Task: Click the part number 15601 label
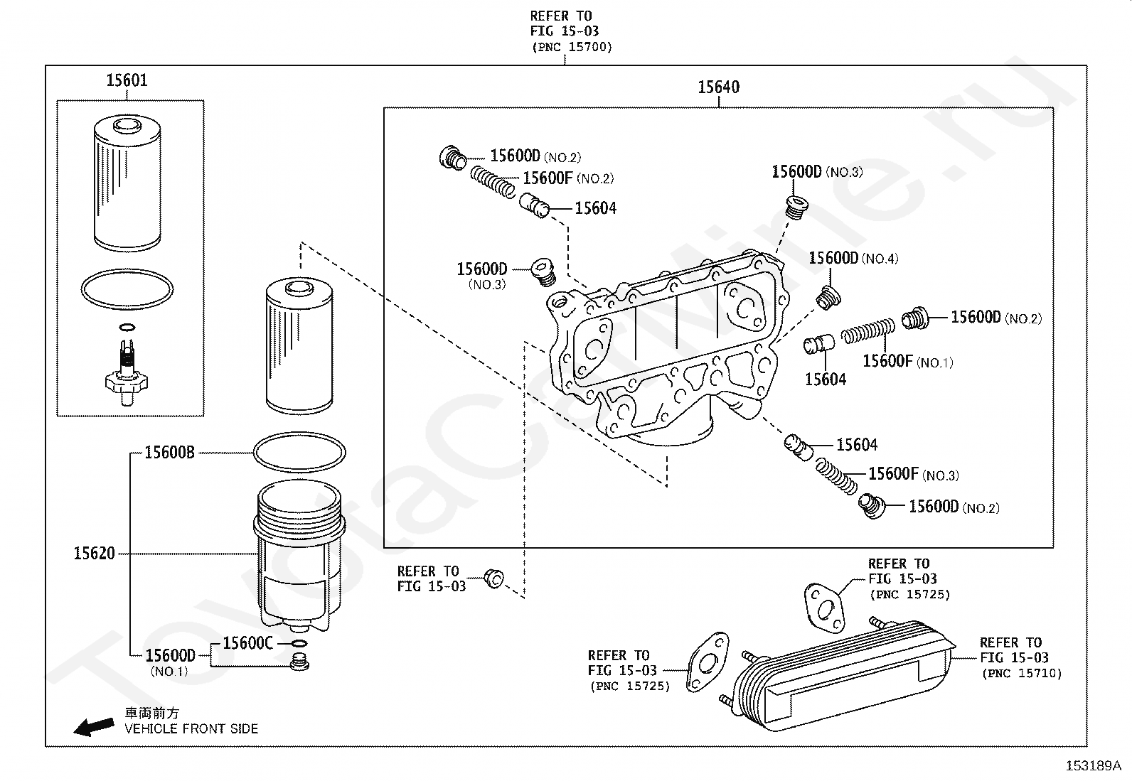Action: (x=127, y=80)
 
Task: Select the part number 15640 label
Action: (x=718, y=87)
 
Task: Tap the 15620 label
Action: (x=94, y=554)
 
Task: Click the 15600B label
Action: (x=169, y=453)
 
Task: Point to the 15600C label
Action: (x=247, y=643)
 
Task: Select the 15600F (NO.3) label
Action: (x=913, y=475)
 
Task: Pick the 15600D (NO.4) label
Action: (x=853, y=259)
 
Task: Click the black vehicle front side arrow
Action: (x=95, y=726)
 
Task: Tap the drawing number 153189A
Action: (x=1092, y=765)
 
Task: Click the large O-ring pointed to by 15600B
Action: (x=299, y=452)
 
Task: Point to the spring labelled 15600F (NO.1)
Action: (x=867, y=331)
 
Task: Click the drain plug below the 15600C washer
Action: (x=300, y=664)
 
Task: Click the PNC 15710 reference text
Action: (x=1021, y=673)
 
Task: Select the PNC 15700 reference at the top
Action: (x=571, y=47)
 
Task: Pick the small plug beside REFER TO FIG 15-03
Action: (x=494, y=578)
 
